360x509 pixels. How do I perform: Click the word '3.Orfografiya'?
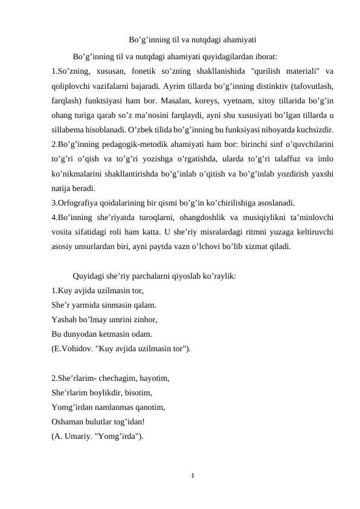click(79, 203)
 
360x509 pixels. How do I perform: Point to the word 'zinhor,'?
click(147, 319)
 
